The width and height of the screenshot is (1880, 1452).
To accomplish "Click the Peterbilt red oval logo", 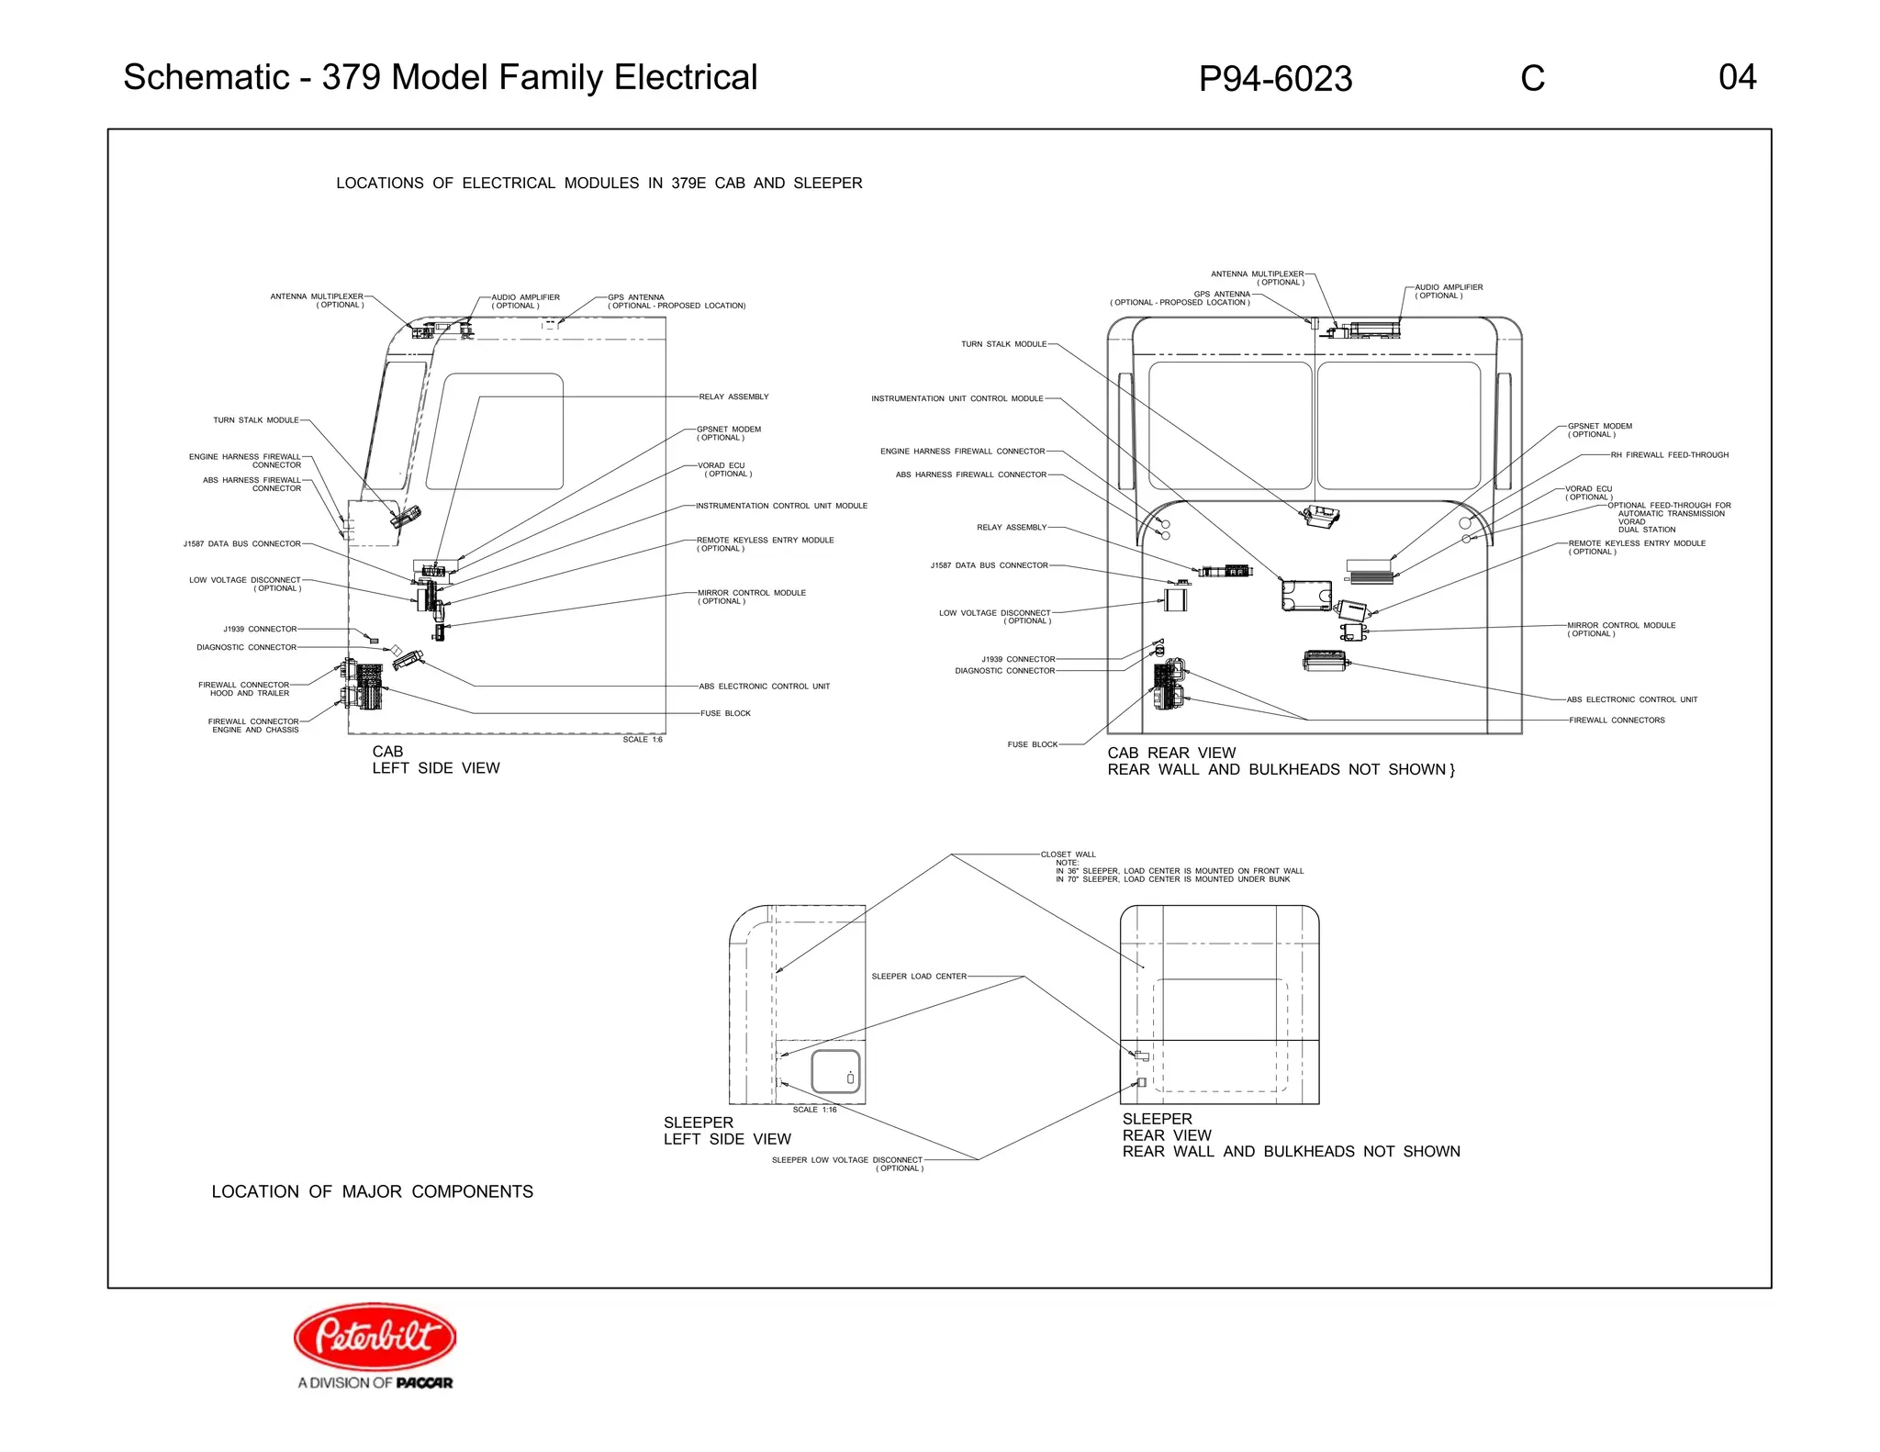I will [x=375, y=1335].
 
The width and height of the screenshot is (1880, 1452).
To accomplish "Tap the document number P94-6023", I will [x=1275, y=79].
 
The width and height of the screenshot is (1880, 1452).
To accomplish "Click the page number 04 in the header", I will [x=1737, y=77].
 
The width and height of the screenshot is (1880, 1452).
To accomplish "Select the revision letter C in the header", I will [x=1532, y=79].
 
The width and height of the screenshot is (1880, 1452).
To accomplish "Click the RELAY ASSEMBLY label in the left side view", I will [x=733, y=397].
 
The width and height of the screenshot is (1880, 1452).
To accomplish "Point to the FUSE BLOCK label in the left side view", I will [x=725, y=713].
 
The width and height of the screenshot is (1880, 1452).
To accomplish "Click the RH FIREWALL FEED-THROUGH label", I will [x=1669, y=455].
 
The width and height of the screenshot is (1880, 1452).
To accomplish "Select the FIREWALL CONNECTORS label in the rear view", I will [x=1617, y=720].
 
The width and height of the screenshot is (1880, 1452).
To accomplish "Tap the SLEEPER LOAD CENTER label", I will [x=918, y=977].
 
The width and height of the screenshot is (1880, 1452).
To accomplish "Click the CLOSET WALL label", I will [x=1068, y=854].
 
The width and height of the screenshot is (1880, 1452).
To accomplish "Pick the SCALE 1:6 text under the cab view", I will [x=643, y=740].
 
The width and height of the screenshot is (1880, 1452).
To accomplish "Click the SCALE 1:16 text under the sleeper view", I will [x=814, y=1110].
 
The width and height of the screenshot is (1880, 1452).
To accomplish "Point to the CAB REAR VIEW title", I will [x=1171, y=753].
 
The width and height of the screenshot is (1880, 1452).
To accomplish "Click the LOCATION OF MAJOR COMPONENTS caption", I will [x=372, y=1191].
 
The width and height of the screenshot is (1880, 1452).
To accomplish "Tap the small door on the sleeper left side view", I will [x=836, y=1071].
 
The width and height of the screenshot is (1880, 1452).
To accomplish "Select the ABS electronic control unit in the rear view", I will [x=1325, y=660].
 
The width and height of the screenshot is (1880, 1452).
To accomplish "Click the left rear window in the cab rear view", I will [x=1230, y=425].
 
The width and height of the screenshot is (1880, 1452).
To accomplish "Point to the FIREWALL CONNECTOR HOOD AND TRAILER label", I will [x=243, y=688].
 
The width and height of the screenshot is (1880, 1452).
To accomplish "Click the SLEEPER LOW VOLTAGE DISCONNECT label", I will [x=846, y=1160].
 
